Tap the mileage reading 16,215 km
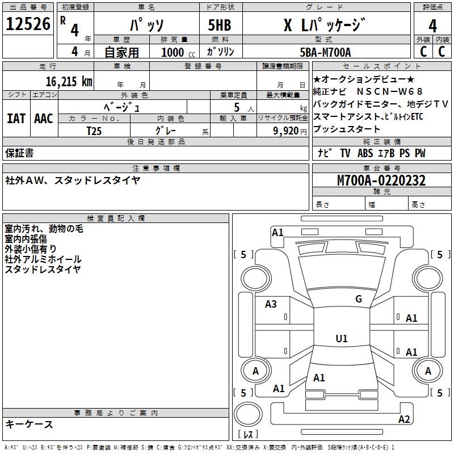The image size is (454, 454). point(66,81)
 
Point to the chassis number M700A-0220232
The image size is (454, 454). point(381,181)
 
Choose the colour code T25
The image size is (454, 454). point(94,131)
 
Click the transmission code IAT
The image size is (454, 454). point(16,119)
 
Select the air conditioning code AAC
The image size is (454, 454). point(44,119)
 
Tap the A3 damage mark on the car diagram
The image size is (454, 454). point(271,304)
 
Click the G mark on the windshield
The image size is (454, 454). point(358,299)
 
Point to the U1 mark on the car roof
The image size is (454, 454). point(341,339)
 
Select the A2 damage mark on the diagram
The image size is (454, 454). point(404,419)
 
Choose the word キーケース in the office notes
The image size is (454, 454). point(30,424)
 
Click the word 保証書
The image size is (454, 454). point(19,153)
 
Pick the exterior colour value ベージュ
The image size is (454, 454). point(121,106)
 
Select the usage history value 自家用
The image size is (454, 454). point(121,53)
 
